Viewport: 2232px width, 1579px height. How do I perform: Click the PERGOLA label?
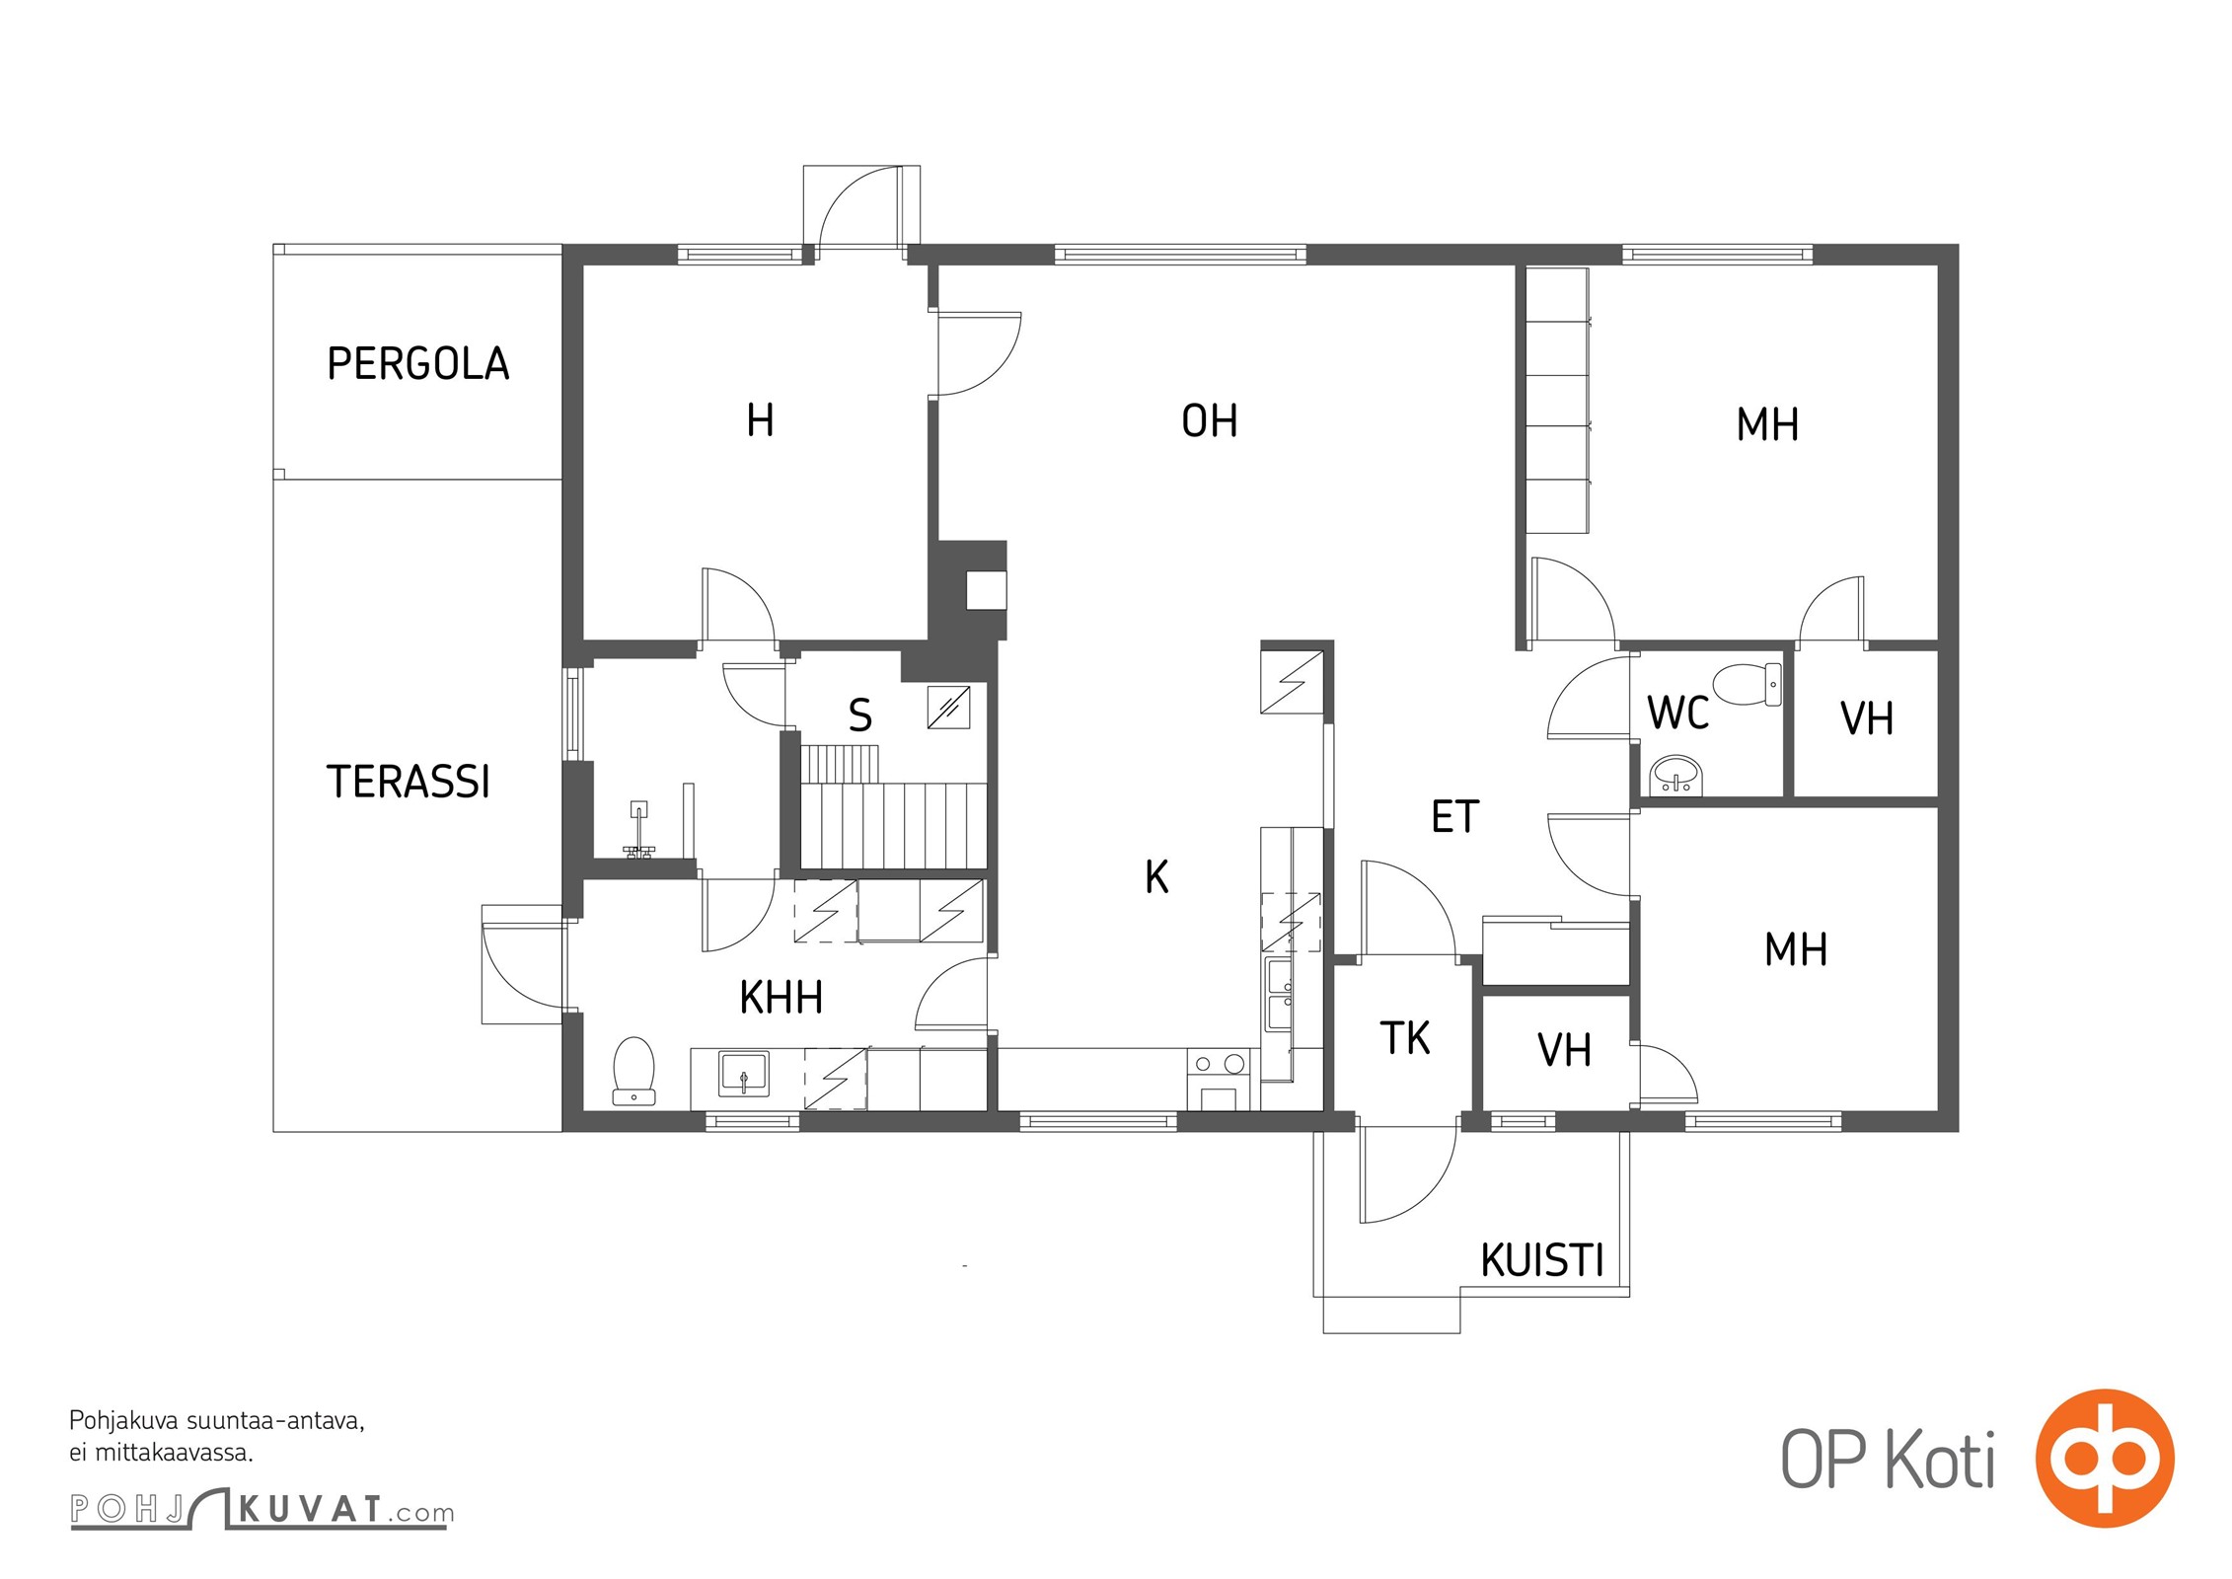point(418,363)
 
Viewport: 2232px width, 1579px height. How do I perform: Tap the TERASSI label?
point(408,782)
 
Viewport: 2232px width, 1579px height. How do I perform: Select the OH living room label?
point(1209,421)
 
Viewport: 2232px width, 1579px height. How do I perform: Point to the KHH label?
point(781,998)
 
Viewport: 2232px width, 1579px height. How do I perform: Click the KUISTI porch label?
point(1542,1260)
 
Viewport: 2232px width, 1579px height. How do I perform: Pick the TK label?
point(1404,1038)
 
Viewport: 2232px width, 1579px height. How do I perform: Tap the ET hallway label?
point(1454,817)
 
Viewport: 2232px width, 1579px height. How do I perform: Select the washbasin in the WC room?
point(1675,775)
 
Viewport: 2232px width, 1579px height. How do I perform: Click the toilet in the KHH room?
point(633,1071)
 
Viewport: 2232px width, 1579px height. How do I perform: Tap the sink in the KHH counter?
point(743,1075)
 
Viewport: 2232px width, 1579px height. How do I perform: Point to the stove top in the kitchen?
point(1219,1064)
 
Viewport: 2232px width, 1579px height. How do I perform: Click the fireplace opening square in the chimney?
point(986,590)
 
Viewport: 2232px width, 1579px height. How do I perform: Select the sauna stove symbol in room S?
point(948,708)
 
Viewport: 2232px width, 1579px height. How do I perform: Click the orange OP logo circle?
point(2105,1458)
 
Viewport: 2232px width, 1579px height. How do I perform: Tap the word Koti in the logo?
point(1940,1460)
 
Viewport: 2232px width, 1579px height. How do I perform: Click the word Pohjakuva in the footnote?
point(124,1421)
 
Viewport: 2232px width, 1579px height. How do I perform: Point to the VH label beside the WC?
point(1866,718)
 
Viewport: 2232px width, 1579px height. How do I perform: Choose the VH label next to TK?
point(1564,1050)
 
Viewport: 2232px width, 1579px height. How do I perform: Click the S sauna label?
point(860,715)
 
